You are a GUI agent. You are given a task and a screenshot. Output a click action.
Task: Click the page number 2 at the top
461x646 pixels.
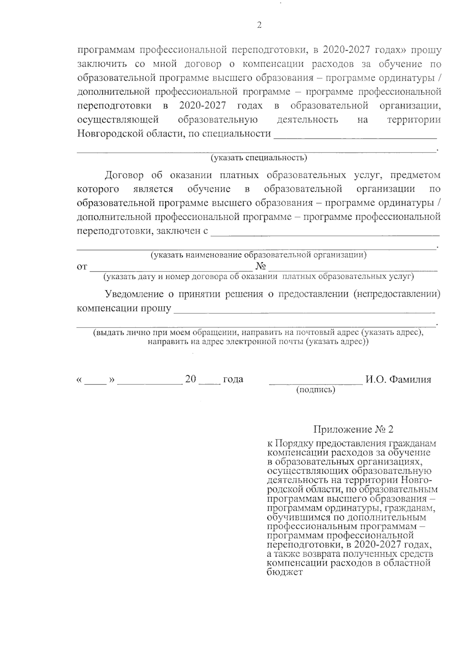point(259,26)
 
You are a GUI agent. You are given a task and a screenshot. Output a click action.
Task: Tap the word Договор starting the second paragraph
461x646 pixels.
point(124,176)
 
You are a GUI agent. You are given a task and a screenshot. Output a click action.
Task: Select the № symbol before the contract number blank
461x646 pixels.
point(261,267)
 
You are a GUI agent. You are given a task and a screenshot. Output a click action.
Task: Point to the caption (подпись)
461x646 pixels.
point(315,390)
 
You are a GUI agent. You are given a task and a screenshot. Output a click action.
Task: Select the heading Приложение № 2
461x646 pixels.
point(353,429)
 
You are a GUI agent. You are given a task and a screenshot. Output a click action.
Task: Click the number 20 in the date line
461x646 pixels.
point(191,379)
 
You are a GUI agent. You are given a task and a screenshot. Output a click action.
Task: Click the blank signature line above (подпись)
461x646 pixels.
point(316,383)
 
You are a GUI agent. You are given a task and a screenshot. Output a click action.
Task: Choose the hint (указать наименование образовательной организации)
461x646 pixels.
point(258,255)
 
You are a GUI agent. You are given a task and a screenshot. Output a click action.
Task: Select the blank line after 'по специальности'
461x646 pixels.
point(355,137)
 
